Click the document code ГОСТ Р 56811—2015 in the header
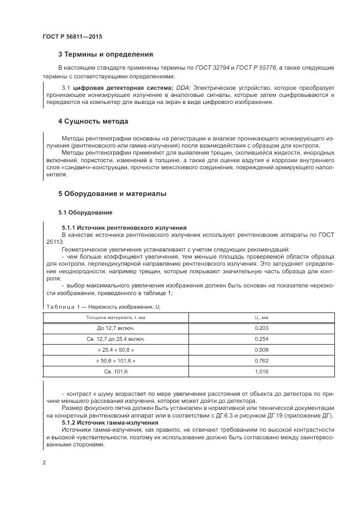72,36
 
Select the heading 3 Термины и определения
105,54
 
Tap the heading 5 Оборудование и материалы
112,194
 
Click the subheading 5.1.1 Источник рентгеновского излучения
124,227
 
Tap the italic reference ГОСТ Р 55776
258,68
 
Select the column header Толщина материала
115,317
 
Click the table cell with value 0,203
262,328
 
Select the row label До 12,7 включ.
115,328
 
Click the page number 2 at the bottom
44,462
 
